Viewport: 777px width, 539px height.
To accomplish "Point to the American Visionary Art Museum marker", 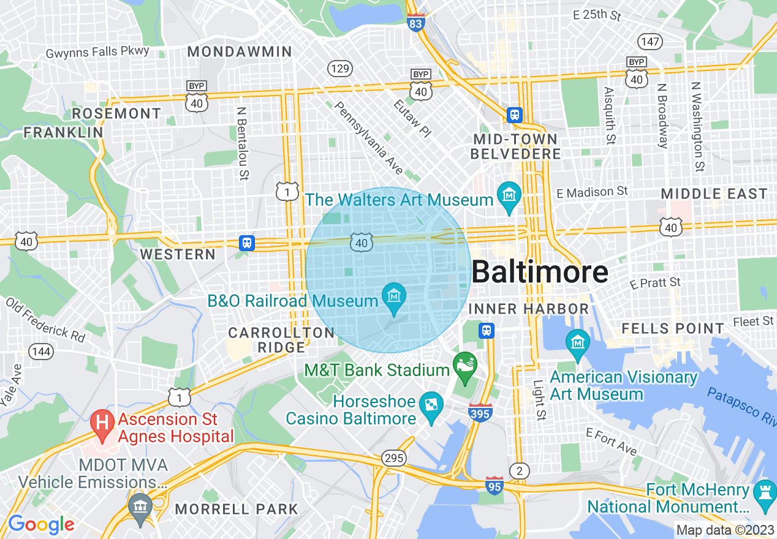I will pyautogui.click(x=577, y=343).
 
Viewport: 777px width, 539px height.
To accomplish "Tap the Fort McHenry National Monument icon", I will pyautogui.click(x=764, y=491).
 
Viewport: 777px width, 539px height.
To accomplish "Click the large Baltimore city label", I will pyautogui.click(x=540, y=272).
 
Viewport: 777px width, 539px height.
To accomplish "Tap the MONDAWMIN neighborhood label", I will pyautogui.click(x=240, y=52).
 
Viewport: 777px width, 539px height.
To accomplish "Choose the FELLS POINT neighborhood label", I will pyautogui.click(x=673, y=329).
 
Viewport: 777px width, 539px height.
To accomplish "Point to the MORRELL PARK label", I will pyautogui.click(x=237, y=509).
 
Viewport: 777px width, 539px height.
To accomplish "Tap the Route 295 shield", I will pyautogui.click(x=393, y=458).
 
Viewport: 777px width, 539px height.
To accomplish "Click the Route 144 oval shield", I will pyautogui.click(x=40, y=352).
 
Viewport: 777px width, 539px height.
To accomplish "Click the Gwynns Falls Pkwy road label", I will pyautogui.click(x=97, y=53).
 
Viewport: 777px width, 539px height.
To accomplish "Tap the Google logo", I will pyautogui.click(x=41, y=524).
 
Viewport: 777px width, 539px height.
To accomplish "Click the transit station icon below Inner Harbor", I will pyautogui.click(x=487, y=331).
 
